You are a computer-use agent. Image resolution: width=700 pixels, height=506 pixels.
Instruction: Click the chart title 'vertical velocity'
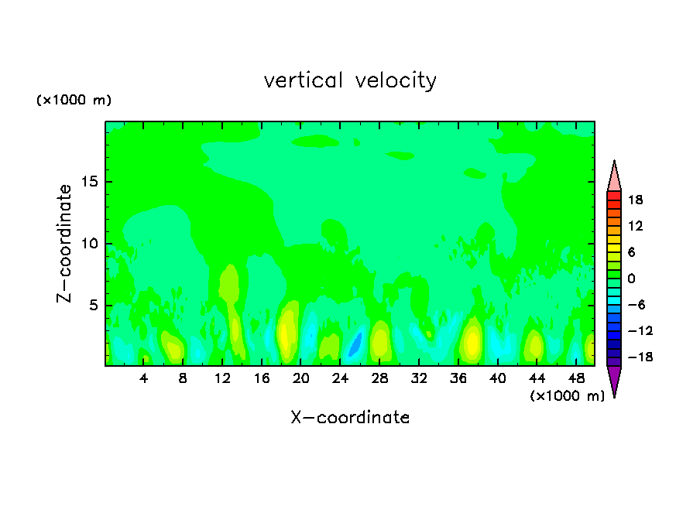click(350, 80)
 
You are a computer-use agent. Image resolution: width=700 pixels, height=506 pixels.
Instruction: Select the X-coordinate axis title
click(350, 418)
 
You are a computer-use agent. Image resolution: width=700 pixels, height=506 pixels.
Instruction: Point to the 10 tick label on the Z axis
click(87, 244)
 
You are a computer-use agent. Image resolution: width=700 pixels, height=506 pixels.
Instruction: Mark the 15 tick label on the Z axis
click(87, 182)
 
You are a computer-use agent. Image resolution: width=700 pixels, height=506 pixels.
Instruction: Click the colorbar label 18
click(635, 200)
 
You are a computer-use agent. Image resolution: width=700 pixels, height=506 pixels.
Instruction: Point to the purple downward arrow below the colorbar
click(614, 380)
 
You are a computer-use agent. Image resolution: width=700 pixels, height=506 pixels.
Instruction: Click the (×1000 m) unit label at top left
click(74, 101)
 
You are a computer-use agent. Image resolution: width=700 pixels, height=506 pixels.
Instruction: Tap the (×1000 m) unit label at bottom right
click(567, 396)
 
